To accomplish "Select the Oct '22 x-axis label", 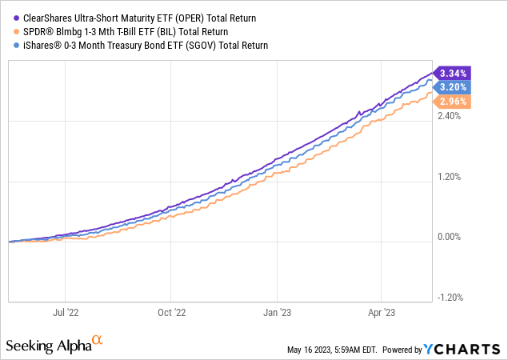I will coord(169,313).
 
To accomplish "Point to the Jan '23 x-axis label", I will coord(277,313).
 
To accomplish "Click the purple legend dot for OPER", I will coord(18,18).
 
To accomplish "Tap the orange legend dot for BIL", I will coord(18,31).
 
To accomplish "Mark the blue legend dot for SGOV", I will coord(18,46).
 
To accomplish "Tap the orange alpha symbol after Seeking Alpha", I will coord(98,341).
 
